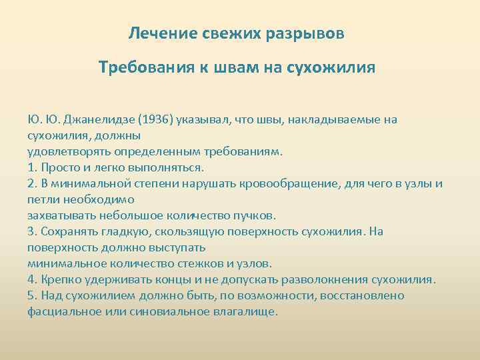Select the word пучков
[256, 215]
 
